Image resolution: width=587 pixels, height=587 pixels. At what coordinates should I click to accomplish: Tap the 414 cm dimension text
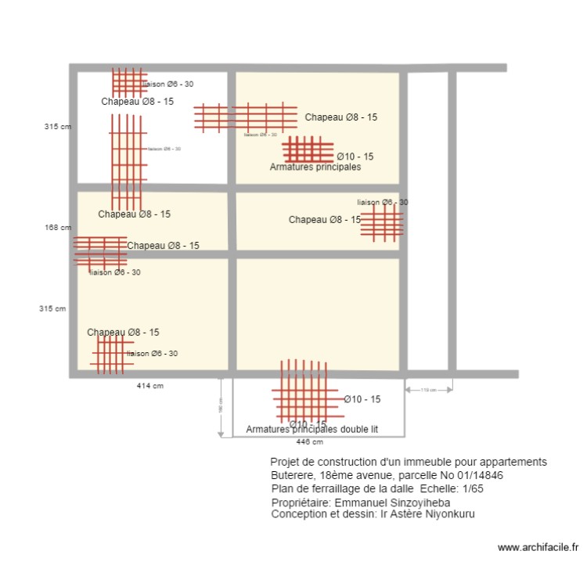click(149, 386)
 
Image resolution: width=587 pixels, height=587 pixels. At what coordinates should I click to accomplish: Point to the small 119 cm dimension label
click(428, 390)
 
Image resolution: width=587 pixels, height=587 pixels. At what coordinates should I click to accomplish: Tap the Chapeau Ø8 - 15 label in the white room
click(137, 102)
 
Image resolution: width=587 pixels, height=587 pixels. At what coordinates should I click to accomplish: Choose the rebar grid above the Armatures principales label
click(308, 149)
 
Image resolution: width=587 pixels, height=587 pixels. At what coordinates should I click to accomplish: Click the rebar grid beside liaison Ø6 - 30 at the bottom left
click(111, 353)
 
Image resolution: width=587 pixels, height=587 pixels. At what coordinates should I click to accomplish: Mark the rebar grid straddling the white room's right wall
click(245, 117)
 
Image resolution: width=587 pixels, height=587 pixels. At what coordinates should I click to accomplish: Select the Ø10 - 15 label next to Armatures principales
click(355, 157)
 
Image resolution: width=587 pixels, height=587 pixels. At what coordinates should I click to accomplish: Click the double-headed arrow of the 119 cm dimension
click(428, 384)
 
